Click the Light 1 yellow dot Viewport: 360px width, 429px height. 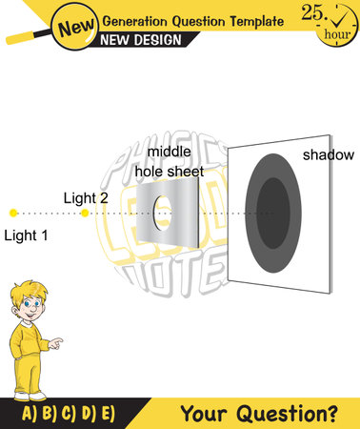[12, 213]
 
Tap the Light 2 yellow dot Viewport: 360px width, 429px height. [85, 213]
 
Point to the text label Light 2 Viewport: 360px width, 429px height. [86, 197]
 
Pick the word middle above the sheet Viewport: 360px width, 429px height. [170, 152]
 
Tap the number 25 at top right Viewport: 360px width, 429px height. [314, 11]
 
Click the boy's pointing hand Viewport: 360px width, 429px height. [56, 340]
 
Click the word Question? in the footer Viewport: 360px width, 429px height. [299, 414]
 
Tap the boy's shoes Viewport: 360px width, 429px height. [29, 393]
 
